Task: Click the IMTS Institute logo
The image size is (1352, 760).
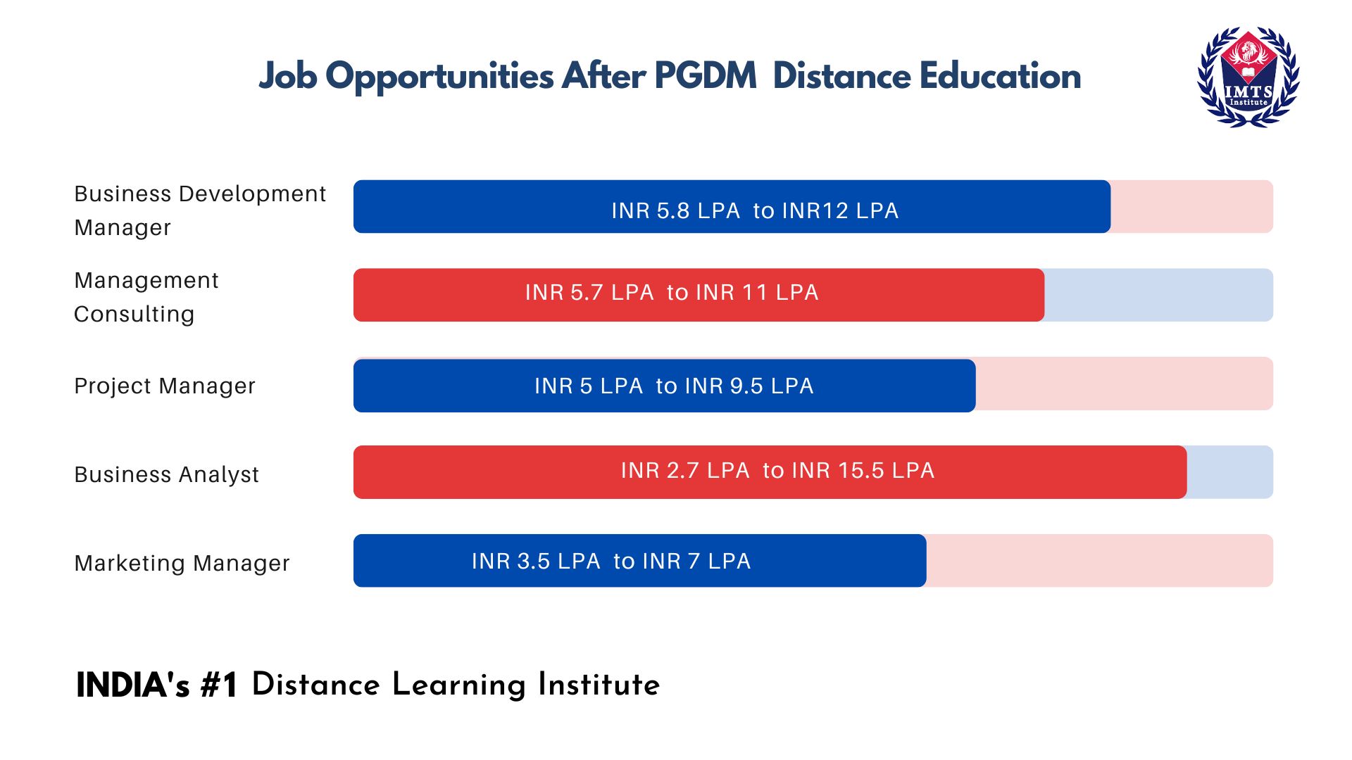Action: [x=1248, y=77]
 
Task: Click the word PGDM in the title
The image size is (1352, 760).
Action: [x=705, y=75]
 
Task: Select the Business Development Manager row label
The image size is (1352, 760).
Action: [x=199, y=210]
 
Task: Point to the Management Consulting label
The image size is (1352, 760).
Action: [x=146, y=296]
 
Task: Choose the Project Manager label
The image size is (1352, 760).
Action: [x=164, y=386]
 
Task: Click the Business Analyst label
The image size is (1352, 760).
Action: [x=166, y=474]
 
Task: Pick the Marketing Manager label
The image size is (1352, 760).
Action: [x=182, y=563]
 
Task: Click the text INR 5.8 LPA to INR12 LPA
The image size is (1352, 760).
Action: [x=754, y=210]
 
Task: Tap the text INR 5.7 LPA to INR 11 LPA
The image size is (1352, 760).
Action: [x=671, y=292]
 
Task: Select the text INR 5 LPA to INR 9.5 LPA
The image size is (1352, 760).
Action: [x=673, y=386]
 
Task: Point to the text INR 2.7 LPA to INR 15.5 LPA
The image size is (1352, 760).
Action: [x=777, y=470]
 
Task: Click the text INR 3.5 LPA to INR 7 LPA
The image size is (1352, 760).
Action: [x=611, y=561]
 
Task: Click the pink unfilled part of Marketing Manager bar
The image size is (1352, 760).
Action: [x=1098, y=561]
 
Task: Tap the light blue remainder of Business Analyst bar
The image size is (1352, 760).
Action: [x=1229, y=472]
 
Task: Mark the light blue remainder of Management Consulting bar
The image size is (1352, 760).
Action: [x=1158, y=295]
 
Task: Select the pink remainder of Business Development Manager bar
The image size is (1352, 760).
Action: [x=1191, y=207]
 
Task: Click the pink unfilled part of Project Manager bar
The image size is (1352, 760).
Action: [x=1124, y=384]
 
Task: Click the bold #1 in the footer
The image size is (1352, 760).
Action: [x=219, y=685]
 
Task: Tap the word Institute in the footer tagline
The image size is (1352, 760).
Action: [x=598, y=685]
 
